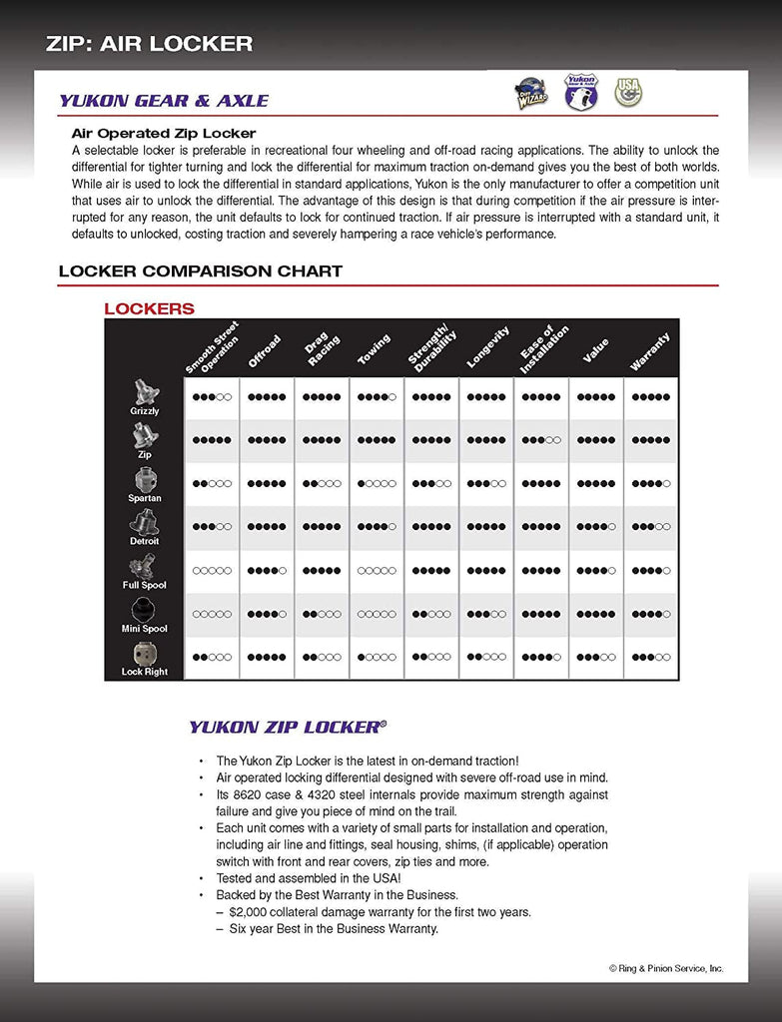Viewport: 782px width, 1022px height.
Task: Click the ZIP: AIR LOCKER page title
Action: [149, 43]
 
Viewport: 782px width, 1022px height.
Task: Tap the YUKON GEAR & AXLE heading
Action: [164, 101]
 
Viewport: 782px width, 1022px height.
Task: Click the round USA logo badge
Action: [628, 92]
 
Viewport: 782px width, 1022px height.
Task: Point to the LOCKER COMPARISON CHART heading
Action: [200, 270]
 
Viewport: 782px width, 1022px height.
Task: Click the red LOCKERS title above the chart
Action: [149, 308]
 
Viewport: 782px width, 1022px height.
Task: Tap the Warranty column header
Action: [649, 352]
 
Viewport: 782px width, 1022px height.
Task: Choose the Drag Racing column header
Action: [322, 349]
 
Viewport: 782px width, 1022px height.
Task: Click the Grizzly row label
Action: [144, 410]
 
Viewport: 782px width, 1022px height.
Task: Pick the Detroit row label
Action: [144, 540]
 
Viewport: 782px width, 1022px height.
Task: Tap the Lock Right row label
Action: [144, 671]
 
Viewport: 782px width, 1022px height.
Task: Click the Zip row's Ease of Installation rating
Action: [540, 440]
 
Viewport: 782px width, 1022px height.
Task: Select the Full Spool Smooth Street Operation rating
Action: [212, 571]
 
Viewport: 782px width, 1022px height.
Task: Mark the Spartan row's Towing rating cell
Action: [377, 484]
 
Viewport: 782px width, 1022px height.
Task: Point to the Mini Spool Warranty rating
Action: [650, 614]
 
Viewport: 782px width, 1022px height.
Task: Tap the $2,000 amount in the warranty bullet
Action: [250, 912]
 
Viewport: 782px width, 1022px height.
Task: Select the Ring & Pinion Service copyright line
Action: [666, 968]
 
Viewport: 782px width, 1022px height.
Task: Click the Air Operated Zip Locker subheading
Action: [164, 133]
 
